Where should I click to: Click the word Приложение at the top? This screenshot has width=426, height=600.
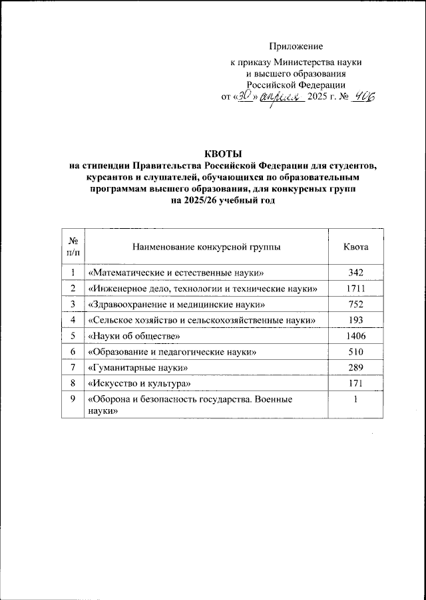coord(296,46)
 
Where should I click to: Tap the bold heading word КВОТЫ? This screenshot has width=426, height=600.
coord(223,154)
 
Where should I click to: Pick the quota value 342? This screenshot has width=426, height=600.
coord(355,272)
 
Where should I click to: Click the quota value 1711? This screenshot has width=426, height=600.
coord(355,288)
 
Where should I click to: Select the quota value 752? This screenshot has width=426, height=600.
coord(355,305)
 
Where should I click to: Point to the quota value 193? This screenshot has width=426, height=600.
coord(355,321)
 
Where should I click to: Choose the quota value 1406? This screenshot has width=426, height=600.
coord(355,337)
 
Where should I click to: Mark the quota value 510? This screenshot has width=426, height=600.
coord(355,353)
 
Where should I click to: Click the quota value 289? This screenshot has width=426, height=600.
coord(355,368)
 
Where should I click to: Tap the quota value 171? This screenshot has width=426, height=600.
coord(355,384)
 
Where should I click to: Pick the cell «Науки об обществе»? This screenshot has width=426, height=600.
coord(129,337)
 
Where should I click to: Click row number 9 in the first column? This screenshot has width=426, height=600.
coord(73,400)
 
